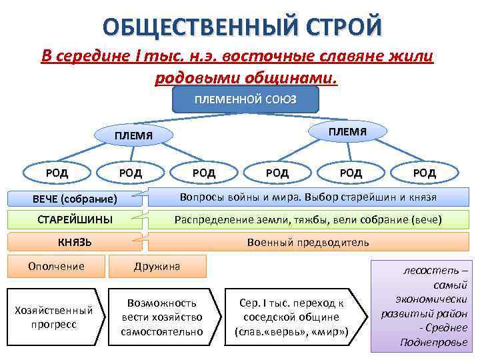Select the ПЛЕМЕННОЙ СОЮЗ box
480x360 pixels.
pos(245,99)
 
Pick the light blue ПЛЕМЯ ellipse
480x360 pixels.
pos(133,136)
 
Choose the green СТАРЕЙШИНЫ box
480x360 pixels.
pos(75,219)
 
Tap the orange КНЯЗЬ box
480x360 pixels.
pos(75,241)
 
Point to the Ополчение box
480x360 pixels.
pos(56,266)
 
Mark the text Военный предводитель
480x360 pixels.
pos(307,242)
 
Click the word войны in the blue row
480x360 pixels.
pos(246,198)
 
